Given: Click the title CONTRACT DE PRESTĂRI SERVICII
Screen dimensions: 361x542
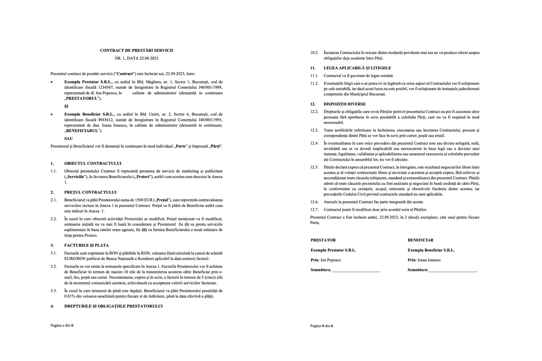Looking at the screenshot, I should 136,50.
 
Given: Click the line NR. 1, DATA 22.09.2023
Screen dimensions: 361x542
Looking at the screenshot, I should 136,58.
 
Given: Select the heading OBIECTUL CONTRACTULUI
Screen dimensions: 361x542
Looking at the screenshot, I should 93,163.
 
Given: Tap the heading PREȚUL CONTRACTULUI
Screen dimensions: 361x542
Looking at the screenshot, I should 90,192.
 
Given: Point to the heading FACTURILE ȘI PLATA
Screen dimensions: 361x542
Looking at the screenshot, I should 86,245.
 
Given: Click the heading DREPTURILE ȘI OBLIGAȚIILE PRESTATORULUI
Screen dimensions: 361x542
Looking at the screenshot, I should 113,306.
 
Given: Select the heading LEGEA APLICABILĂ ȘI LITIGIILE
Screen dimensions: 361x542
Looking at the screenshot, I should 357,68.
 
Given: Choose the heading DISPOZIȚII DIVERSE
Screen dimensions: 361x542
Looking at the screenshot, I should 344,104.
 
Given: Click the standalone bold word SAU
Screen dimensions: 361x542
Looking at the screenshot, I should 68,139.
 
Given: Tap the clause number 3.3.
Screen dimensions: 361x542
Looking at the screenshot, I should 54,290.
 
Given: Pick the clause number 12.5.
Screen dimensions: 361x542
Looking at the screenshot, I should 314,167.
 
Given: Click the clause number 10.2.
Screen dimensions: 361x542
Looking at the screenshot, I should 314,53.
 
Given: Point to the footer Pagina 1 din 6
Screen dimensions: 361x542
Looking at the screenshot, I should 63,324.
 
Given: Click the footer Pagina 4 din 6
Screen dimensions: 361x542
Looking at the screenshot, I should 322,326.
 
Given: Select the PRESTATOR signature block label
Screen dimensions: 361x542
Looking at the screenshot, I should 323,240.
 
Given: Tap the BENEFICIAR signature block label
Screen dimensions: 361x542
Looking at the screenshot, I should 420,240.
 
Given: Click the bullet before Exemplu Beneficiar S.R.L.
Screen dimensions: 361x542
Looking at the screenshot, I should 52,114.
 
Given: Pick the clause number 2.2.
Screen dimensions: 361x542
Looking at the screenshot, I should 54,219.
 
